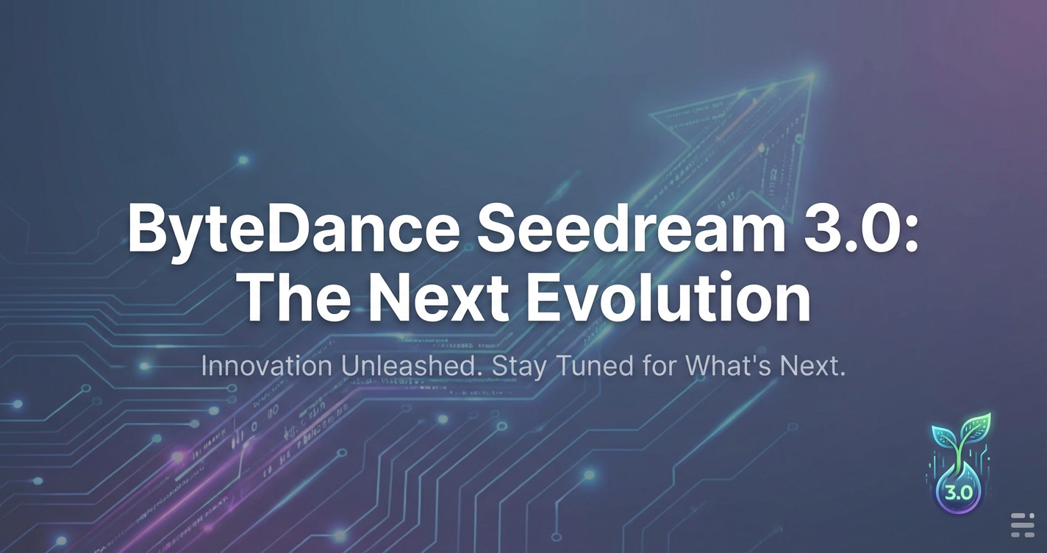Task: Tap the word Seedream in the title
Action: tap(632, 228)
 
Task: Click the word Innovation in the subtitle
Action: tap(266, 366)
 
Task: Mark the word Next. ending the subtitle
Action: tap(813, 366)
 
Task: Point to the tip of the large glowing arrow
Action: tap(814, 74)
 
